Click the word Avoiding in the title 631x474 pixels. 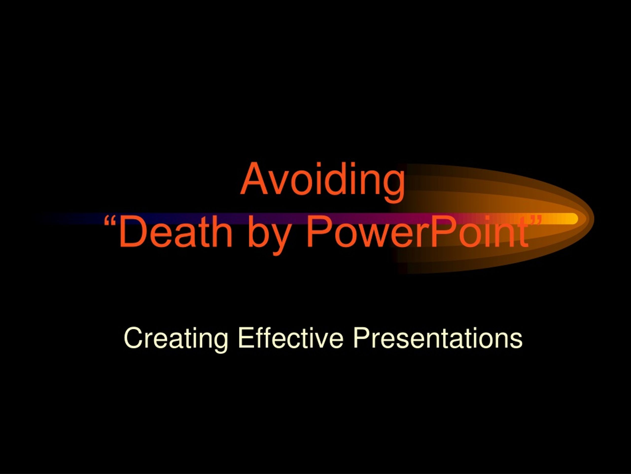[x=322, y=180]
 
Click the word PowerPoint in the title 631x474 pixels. [x=417, y=232]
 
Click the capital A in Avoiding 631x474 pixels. [x=256, y=179]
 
